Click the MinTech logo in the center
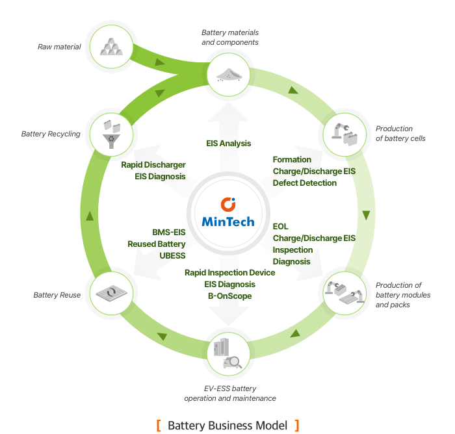pos(227,214)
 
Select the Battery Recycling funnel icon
pos(110,134)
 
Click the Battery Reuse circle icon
pos(110,294)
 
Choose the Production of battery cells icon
pos(344,134)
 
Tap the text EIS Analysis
pos(227,144)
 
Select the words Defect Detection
pos(305,183)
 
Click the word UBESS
pos(172,256)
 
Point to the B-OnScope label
pos(227,296)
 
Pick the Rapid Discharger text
pos(153,165)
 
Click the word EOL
pos(281,227)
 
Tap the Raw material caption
pos(59,47)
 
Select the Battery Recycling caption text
pos(51,134)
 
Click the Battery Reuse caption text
pos(57,295)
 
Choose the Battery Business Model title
pos(227,426)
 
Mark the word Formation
pos(292,160)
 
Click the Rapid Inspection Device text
pos(229,273)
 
